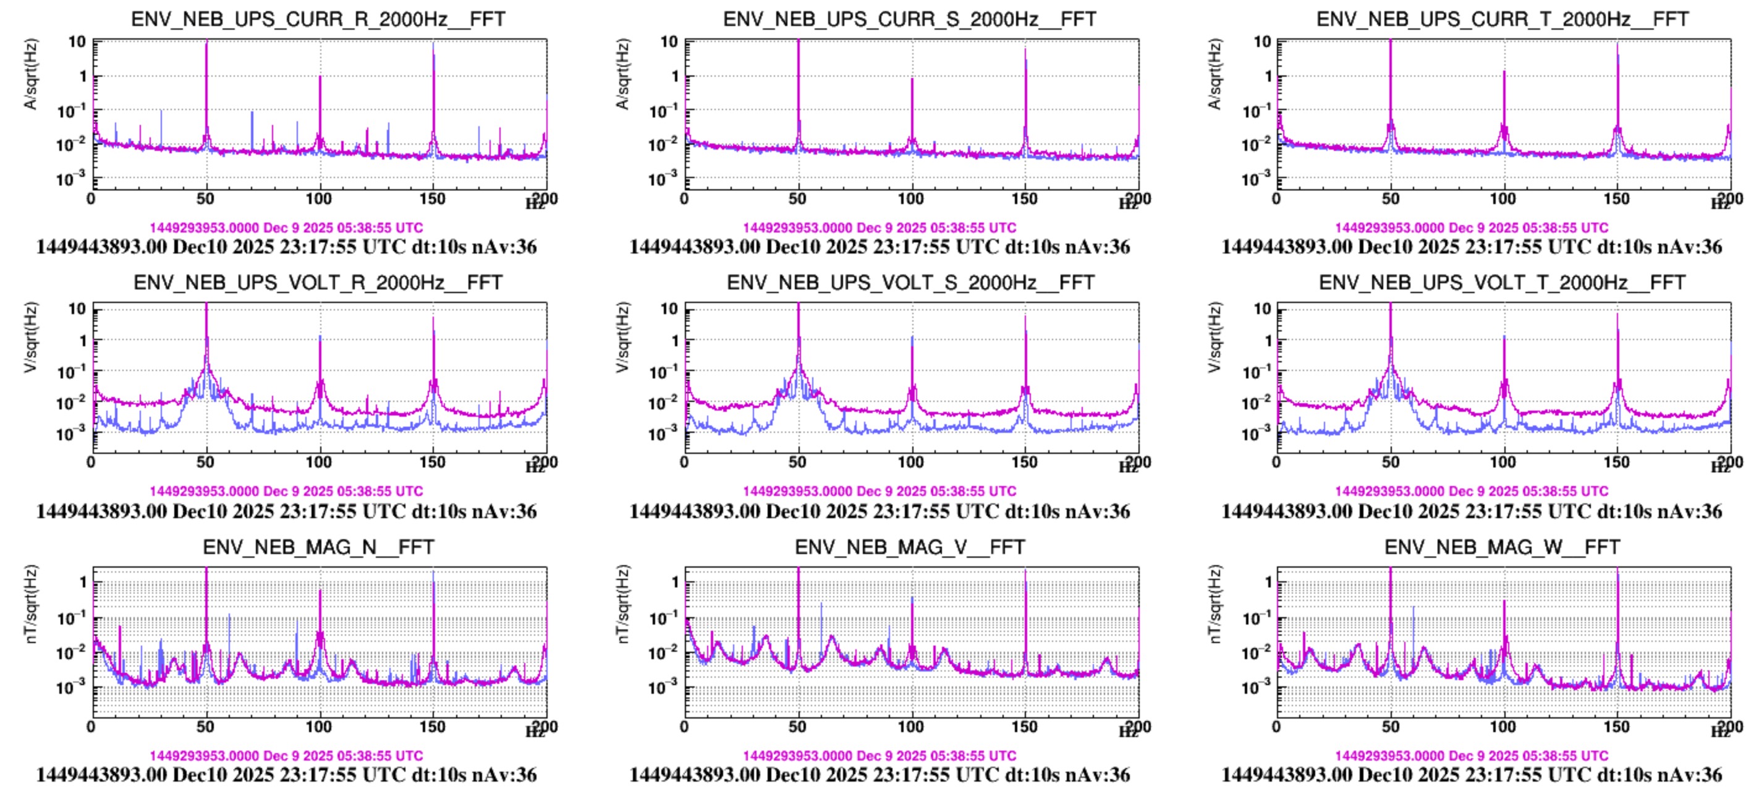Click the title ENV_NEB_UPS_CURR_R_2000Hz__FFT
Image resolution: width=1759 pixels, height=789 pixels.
(x=318, y=19)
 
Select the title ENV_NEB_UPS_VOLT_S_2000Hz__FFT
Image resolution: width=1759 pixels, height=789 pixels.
(x=910, y=282)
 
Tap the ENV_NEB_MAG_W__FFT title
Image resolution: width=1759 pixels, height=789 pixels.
(x=1503, y=547)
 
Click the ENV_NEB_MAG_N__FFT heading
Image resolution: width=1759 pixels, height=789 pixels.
(x=318, y=547)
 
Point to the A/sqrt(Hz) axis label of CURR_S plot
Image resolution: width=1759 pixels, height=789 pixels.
(x=622, y=74)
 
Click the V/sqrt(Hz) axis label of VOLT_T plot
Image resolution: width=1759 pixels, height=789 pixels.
(x=1214, y=338)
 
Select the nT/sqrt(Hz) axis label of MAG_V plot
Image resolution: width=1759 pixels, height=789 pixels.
(x=622, y=604)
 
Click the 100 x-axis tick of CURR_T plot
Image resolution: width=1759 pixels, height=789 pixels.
(x=1503, y=198)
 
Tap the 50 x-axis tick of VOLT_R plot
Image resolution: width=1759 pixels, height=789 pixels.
(x=206, y=463)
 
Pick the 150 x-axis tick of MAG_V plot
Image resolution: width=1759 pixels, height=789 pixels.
(x=1024, y=727)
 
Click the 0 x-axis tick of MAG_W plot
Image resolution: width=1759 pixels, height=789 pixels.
(x=1276, y=727)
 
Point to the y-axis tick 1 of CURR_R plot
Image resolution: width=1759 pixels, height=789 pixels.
(x=83, y=76)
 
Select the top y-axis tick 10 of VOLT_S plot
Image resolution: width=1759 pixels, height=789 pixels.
(x=669, y=309)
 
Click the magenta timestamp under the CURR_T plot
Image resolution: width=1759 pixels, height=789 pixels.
(x=1472, y=228)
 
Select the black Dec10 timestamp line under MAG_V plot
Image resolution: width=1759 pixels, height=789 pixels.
(x=879, y=775)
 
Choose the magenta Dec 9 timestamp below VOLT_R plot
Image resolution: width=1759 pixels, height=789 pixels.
(x=286, y=491)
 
